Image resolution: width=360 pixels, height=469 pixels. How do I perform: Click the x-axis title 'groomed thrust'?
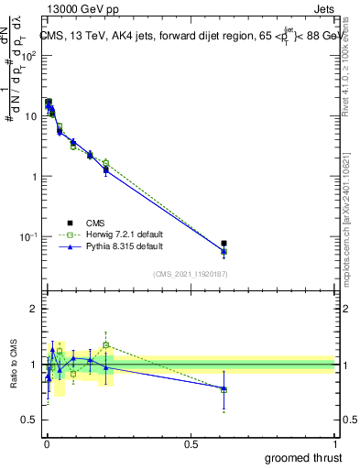click(x=302, y=456)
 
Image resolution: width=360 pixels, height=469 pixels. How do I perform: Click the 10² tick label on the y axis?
click(x=31, y=55)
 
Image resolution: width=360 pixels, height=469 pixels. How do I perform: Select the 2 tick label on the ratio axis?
click(x=34, y=309)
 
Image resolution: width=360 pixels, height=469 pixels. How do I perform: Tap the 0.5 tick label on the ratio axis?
click(x=30, y=420)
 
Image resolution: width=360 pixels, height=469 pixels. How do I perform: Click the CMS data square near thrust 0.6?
click(x=224, y=244)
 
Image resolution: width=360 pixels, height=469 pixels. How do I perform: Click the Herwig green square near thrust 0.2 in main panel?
click(x=106, y=163)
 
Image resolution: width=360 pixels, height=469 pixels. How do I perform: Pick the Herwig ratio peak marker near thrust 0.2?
click(x=106, y=345)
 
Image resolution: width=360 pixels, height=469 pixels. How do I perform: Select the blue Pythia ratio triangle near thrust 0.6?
click(x=224, y=389)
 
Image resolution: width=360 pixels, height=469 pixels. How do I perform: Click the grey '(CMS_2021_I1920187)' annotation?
click(x=190, y=273)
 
